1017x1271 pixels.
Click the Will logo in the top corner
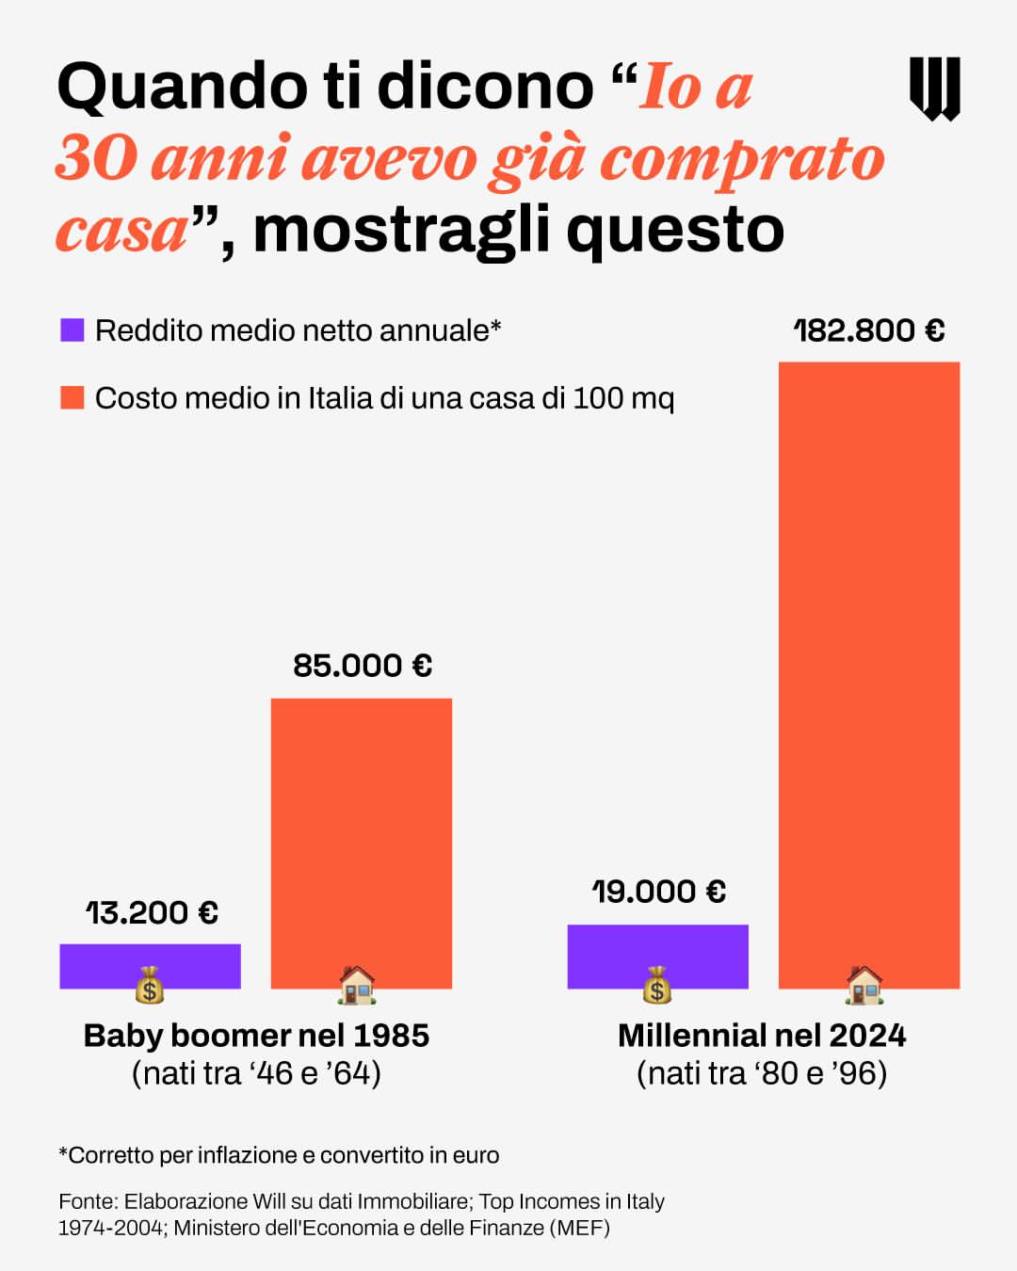[x=934, y=88]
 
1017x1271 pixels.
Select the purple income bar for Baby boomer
[x=150, y=960]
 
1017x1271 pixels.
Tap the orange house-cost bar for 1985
[x=362, y=838]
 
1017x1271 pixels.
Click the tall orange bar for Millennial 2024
[x=868, y=659]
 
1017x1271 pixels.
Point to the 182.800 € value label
[x=868, y=330]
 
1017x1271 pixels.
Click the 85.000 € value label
[x=363, y=666]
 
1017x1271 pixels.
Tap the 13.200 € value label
[x=152, y=912]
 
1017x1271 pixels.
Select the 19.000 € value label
[x=658, y=892]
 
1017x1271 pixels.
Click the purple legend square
[x=73, y=330]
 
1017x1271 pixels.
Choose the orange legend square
[x=73, y=397]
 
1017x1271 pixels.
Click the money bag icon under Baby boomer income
[x=150, y=986]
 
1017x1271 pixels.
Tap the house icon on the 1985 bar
[x=357, y=985]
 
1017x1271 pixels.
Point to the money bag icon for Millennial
[x=657, y=986]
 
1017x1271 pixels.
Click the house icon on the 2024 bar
[x=864, y=985]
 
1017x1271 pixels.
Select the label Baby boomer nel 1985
[x=256, y=1036]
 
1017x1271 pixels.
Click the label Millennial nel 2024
[x=762, y=1036]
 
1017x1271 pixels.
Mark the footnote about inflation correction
[x=279, y=1155]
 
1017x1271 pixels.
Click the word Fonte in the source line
[x=88, y=1201]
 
